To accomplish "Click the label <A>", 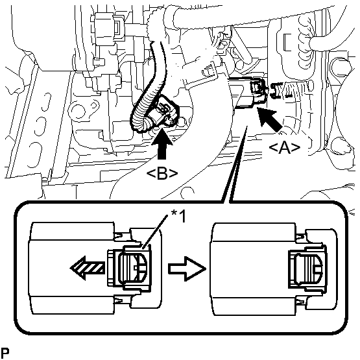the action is point(284,148).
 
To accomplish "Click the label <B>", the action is point(162,174).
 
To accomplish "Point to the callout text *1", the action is point(178,216).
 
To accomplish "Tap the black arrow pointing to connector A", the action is point(269,120).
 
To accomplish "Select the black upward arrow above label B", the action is point(162,144).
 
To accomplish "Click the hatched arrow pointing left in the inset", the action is point(88,268).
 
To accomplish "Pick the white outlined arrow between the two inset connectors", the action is point(187,269).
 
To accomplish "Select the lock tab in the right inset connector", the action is point(308,268).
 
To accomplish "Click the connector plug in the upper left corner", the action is point(108,29).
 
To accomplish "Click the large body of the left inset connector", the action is point(71,268).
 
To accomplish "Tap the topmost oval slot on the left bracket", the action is point(46,102).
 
